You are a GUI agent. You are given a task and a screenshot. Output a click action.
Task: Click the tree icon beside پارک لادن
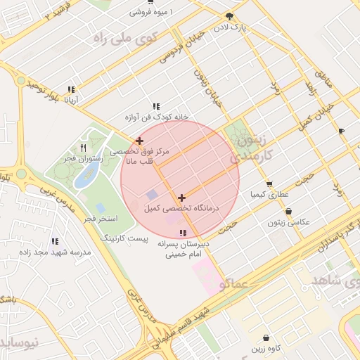pyautogui.click(x=229, y=16)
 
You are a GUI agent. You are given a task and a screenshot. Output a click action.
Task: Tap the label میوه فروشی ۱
pyautogui.click(x=150, y=13)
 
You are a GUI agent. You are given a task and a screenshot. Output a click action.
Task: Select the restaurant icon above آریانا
pyautogui.click(x=71, y=89)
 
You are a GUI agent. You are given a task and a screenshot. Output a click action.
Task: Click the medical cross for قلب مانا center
pyautogui.click(x=139, y=141)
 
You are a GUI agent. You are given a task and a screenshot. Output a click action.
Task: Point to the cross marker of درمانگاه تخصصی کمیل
pyautogui.click(x=182, y=198)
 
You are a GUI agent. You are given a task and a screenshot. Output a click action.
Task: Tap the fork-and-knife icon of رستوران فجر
pyautogui.click(x=84, y=148)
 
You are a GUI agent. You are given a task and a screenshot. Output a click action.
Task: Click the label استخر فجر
pyautogui.click(x=100, y=220)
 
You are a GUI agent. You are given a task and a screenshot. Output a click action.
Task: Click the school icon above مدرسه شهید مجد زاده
pyautogui.click(x=56, y=241)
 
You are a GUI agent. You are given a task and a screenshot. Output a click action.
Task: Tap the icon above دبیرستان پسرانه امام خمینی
pyautogui.click(x=184, y=233)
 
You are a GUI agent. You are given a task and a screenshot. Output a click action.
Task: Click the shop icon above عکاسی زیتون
pyautogui.click(x=288, y=211)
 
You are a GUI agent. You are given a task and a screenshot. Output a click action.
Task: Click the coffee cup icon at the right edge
pyautogui.click(x=341, y=131)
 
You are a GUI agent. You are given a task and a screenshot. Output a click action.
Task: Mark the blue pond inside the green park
pyautogui.click(x=86, y=176)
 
